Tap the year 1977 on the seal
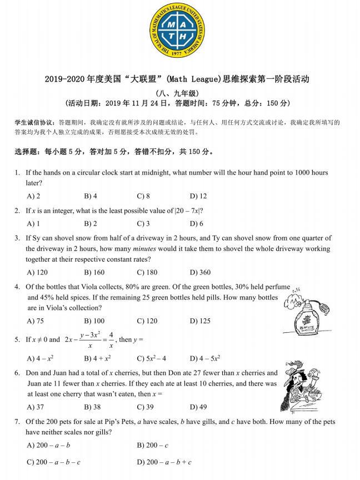point(177,53)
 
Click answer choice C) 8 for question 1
point(143,196)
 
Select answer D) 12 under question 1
point(198,196)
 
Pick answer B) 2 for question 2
point(91,223)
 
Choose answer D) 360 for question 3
point(200,272)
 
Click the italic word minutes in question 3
point(144,249)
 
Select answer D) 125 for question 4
point(200,321)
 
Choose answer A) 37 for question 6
point(36,407)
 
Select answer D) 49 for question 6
point(198,407)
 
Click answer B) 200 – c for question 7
point(152,446)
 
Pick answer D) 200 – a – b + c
point(164,462)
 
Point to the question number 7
point(18,422)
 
